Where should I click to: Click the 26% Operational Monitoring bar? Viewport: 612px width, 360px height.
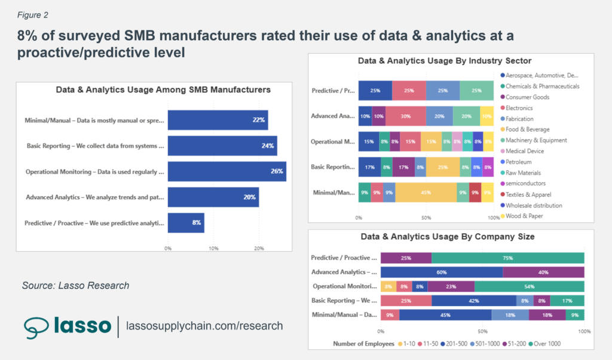[x=227, y=172]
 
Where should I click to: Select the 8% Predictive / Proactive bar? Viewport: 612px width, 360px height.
[x=186, y=223]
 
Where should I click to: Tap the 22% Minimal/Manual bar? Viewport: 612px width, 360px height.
[x=218, y=120]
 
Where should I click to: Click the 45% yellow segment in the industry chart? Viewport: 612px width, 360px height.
[x=425, y=193]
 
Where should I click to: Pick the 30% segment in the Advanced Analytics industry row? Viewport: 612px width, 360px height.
[x=406, y=116]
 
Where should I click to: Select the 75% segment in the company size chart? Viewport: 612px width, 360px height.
[x=507, y=258]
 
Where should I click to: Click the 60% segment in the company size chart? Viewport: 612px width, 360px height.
[x=442, y=272]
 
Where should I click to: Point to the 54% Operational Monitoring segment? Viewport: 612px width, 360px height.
[x=529, y=286]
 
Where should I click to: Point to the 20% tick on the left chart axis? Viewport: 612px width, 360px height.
[x=259, y=248]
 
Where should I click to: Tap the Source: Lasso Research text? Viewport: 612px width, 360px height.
[x=75, y=285]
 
